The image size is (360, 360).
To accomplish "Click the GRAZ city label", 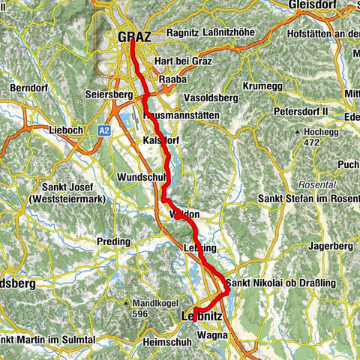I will [x=136, y=36].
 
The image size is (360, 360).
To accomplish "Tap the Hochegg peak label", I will [x=320, y=132].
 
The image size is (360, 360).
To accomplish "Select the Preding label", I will [x=112, y=241].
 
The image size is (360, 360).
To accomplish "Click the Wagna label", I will [x=213, y=336].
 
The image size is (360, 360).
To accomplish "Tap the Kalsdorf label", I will [x=159, y=140].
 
